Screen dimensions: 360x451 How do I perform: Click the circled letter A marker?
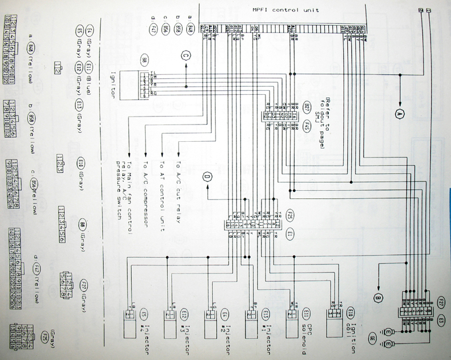click(x=399, y=113)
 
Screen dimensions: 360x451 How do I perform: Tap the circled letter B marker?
click(x=377, y=297)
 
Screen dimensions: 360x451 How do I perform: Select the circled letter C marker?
click(x=185, y=55)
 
